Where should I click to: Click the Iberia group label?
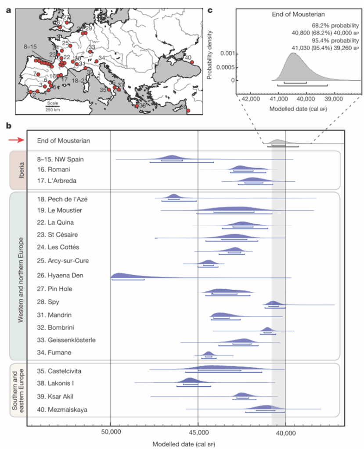click(18, 169)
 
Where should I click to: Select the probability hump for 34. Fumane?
click(208, 354)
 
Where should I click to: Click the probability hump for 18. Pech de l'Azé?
click(173, 196)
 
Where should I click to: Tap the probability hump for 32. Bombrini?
click(267, 329)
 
